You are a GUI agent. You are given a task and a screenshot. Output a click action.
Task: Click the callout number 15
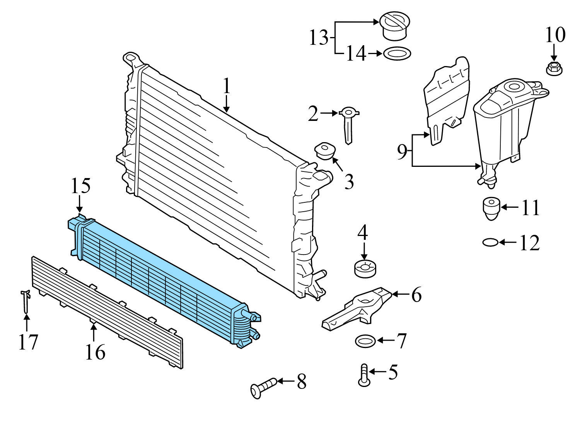(80, 186)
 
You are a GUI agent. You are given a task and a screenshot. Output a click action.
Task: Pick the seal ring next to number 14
(397, 53)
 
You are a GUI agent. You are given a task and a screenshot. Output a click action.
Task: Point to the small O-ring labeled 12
(490, 243)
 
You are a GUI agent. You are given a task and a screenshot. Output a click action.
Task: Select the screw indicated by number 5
(363, 375)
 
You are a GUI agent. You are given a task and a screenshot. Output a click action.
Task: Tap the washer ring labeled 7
(365, 341)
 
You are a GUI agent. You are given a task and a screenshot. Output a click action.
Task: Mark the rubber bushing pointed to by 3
(325, 151)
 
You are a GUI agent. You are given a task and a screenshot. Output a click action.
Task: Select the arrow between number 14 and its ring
(374, 54)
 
